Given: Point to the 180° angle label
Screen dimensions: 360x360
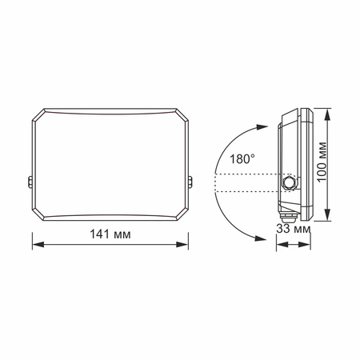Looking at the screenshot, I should pos(242,159).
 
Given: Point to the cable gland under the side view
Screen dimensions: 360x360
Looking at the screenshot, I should pos(286,214).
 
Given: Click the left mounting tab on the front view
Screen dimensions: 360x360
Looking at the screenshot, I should pos(30,182).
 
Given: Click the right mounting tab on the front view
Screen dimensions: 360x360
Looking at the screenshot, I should pos(194,182).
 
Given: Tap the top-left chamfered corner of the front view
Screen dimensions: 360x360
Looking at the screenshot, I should pos(37,114).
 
